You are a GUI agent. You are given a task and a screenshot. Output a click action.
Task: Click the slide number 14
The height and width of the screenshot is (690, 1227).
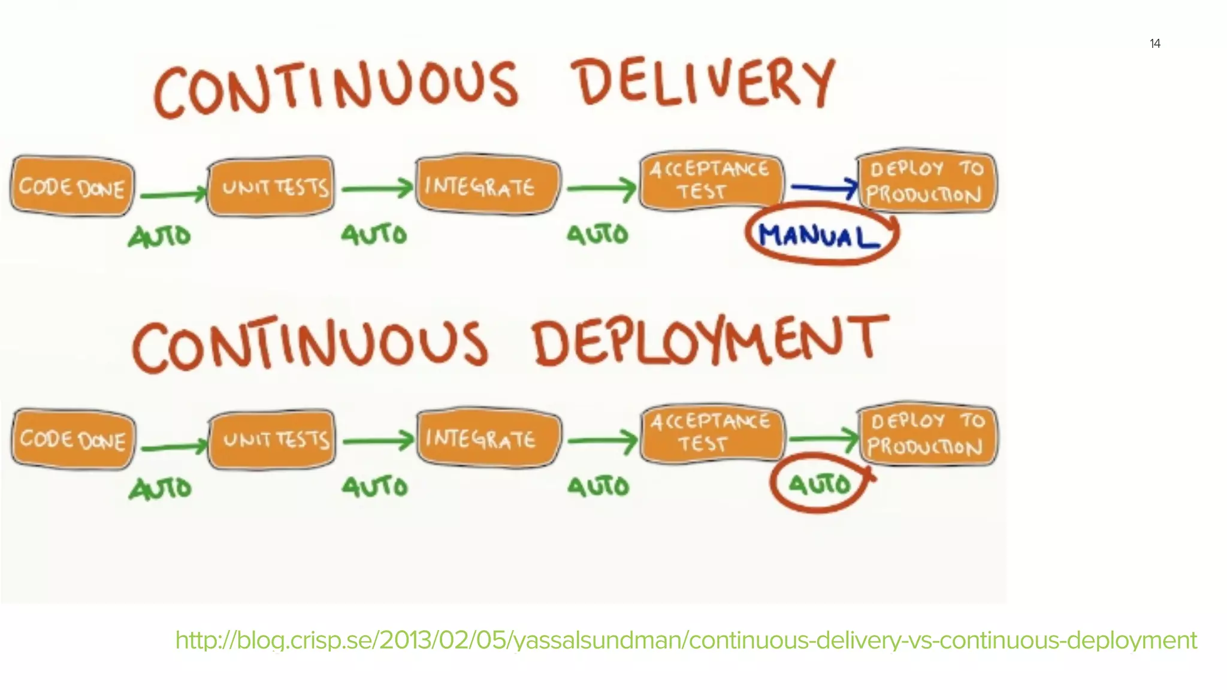[x=1155, y=44]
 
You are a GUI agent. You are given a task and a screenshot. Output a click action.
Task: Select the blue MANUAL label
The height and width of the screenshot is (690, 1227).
[x=819, y=236]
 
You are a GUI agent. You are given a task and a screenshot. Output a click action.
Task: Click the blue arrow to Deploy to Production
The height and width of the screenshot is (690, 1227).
[x=824, y=187]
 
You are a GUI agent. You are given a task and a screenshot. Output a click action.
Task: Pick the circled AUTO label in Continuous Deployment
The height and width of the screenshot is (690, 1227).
[x=819, y=484]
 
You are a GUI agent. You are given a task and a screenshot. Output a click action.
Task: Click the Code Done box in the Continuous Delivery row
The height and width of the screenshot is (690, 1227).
[x=72, y=187]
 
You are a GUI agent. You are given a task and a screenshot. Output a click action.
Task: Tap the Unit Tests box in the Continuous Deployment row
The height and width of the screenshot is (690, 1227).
[x=273, y=440]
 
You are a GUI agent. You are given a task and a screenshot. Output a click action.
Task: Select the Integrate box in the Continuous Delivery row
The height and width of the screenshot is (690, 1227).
[x=486, y=186]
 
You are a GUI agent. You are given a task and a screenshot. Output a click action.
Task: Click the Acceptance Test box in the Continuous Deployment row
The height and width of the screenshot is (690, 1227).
[x=711, y=432]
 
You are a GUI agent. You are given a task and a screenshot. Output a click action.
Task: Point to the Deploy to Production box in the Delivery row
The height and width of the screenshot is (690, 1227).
[x=926, y=181]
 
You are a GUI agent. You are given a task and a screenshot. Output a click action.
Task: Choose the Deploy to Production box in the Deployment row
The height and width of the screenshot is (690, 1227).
[x=927, y=434]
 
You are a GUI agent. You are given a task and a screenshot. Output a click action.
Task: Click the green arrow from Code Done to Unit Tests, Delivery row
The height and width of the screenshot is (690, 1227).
[x=172, y=195]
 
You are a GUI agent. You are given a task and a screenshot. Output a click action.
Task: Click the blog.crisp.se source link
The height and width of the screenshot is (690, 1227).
[x=685, y=640]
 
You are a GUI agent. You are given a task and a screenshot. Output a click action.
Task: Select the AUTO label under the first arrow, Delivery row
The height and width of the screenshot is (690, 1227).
[x=159, y=237]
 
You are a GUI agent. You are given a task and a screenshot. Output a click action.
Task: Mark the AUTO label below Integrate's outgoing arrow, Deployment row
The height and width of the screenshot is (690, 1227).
[x=598, y=486]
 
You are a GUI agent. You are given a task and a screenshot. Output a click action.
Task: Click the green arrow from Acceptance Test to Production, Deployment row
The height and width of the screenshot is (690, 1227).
[x=824, y=440]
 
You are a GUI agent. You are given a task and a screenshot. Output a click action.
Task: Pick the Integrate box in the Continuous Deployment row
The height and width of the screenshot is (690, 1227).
[x=488, y=438]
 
